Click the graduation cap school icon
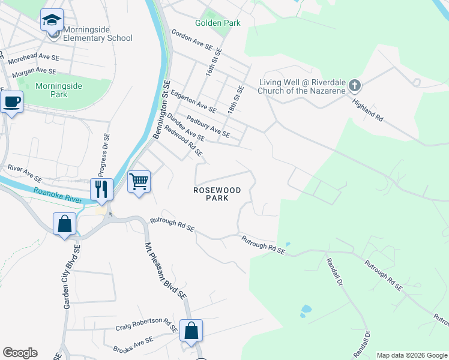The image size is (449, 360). [52, 20]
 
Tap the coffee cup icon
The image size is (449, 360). [11, 102]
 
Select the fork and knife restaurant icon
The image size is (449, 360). [101, 189]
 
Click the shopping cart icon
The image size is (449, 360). [139, 181]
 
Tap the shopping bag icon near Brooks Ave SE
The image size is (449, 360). [191, 330]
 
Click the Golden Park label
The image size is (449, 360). [217, 23]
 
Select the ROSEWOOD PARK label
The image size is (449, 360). [217, 194]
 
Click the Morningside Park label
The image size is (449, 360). [58, 90]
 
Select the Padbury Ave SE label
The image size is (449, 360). [208, 125]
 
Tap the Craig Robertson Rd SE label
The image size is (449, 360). [146, 327]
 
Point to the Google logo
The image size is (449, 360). [20, 353]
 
